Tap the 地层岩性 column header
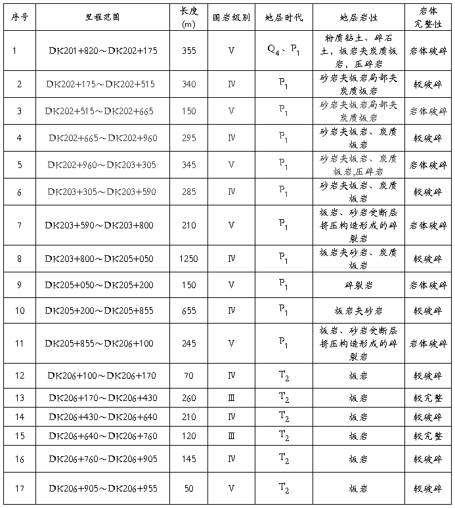click(358, 16)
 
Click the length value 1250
click(188, 259)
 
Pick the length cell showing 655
click(188, 310)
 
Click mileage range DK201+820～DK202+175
click(103, 51)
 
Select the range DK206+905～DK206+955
click(103, 489)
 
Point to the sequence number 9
click(20, 285)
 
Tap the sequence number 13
click(20, 398)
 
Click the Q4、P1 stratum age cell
click(283, 51)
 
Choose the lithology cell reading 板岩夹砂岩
click(358, 310)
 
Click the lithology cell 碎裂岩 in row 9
click(358, 285)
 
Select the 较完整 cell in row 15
click(428, 436)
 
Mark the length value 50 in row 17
click(188, 489)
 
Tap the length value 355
click(188, 51)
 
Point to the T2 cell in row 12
click(283, 376)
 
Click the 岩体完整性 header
click(428, 16)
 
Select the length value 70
click(188, 376)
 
